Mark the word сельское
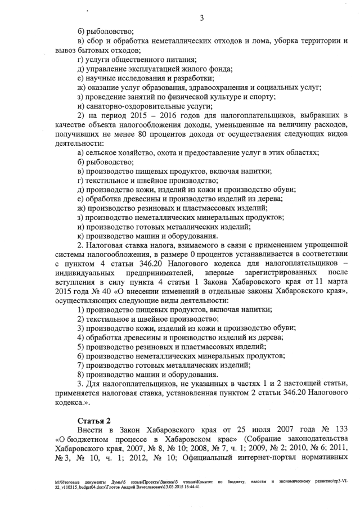(102, 153)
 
